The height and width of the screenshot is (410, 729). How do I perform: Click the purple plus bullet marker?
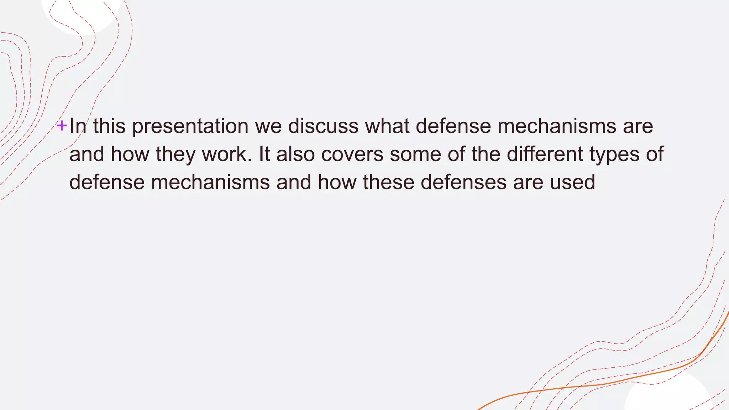[62, 126]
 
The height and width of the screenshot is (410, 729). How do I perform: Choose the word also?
[295, 154]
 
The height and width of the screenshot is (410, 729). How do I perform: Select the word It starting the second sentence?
[264, 154]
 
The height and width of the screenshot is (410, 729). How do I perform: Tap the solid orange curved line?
[605, 383]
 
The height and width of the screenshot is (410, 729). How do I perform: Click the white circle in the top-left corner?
[81, 14]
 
